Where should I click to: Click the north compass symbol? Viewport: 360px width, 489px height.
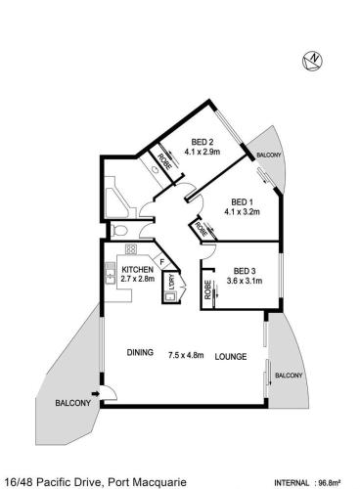[312, 61]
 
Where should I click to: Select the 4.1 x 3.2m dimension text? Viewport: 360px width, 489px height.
[242, 212]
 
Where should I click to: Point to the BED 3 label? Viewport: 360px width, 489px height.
[245, 271]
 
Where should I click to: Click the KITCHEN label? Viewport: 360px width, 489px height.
[137, 270]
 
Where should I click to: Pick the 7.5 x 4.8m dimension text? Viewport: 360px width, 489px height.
[186, 355]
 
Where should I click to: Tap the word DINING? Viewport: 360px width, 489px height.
[140, 352]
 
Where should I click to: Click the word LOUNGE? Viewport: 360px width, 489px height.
[231, 357]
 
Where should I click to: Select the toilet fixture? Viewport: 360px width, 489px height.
[118, 231]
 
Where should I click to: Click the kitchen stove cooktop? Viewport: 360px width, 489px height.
[131, 249]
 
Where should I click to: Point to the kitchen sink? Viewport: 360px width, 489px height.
[110, 273]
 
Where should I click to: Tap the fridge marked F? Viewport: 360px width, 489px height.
[162, 261]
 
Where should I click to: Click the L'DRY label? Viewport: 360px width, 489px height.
[172, 283]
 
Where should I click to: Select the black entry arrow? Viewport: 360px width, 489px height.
[96, 394]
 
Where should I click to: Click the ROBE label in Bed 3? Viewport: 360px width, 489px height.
[207, 290]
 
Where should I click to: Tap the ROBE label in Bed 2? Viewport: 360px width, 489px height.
[164, 161]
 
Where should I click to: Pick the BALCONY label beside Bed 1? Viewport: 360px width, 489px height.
[269, 156]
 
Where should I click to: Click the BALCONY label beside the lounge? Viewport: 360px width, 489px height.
[289, 376]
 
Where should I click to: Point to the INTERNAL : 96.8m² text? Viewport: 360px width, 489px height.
[308, 482]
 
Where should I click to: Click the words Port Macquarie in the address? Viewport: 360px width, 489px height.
[148, 482]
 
